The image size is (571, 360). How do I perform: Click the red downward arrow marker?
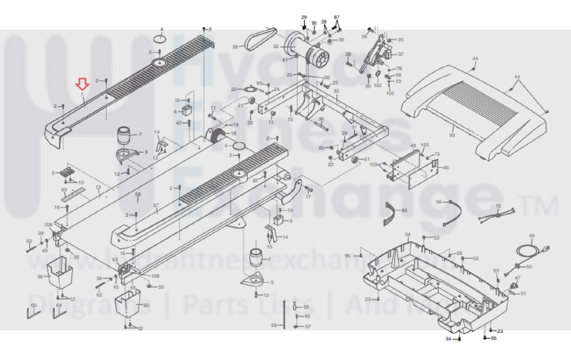click(82, 84)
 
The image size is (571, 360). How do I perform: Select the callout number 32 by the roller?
click(276, 46)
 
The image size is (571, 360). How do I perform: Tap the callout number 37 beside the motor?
click(400, 54)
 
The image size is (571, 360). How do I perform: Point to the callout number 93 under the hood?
click(452, 135)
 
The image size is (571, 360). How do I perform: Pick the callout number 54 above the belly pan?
click(408, 234)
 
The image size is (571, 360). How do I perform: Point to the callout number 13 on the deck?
click(98, 187)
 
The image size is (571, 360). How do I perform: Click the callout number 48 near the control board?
click(413, 146)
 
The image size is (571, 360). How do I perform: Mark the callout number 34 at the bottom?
click(448, 339)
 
